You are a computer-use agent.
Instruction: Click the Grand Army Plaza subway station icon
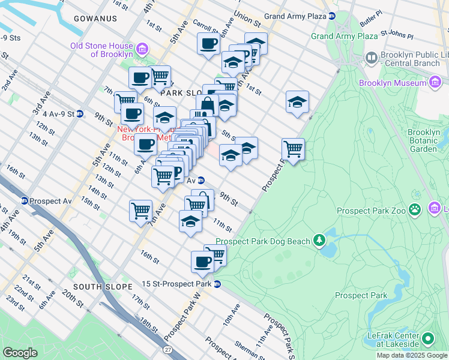pyautogui.click(x=332, y=16)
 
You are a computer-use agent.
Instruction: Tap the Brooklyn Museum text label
pyautogui.click(x=392, y=83)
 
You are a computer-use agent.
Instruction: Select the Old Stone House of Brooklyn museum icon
pyautogui.click(x=142, y=49)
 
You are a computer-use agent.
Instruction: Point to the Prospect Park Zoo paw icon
pyautogui.click(x=415, y=209)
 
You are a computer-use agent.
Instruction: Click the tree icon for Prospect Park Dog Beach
pyautogui.click(x=319, y=241)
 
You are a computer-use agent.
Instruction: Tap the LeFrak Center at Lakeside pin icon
pyautogui.click(x=428, y=339)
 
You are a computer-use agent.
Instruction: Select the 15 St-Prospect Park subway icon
pyautogui.click(x=217, y=284)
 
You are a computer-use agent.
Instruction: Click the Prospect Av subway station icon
pyautogui.click(x=25, y=200)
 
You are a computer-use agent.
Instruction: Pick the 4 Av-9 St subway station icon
pyautogui.click(x=79, y=113)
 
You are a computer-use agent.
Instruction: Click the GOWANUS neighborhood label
pyautogui.click(x=95, y=19)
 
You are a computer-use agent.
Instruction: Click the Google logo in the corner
pyautogui.click(x=20, y=352)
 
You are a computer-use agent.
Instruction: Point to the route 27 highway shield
pyautogui.click(x=167, y=349)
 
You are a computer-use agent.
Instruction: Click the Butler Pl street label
pyautogui.click(x=371, y=29)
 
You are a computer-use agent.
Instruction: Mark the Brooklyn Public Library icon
pyautogui.click(x=371, y=59)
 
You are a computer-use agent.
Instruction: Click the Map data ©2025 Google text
pyautogui.click(x=411, y=355)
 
